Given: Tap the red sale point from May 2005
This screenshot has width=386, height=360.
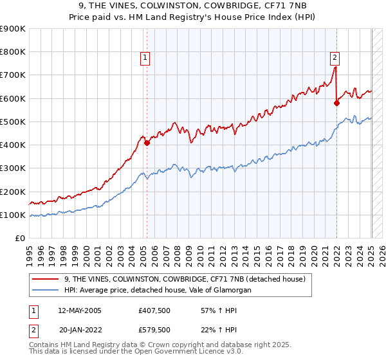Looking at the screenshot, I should pyautogui.click(x=147, y=143).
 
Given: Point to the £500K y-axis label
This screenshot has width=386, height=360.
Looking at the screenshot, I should pyautogui.click(x=13, y=122).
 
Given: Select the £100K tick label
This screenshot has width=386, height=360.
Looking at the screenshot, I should pyautogui.click(x=13, y=215).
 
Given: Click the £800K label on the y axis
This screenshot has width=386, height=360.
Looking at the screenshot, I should pyautogui.click(x=13, y=52).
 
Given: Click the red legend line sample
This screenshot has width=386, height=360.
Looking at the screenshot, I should pyautogui.click(x=46, y=278).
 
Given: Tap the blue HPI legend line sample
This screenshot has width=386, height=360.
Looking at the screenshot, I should pyautogui.click(x=46, y=290).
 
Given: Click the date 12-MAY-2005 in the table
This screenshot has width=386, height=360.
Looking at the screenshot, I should pyautogui.click(x=80, y=310).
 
